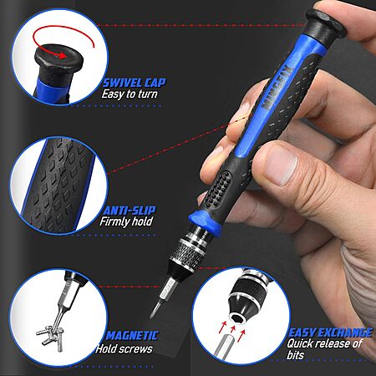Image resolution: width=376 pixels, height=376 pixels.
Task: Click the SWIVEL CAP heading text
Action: (135, 83)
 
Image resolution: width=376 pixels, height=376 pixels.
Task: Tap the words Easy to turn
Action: (130, 94)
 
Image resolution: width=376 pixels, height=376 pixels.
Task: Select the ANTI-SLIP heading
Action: (130, 211)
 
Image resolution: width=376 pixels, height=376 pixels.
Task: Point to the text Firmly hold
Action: (126, 221)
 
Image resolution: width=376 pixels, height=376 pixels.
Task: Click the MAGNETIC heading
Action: (132, 336)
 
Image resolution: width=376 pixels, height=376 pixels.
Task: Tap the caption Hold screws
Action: (124, 348)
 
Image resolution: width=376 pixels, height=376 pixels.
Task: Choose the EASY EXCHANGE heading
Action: (330, 333)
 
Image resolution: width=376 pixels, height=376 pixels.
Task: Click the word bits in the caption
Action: (296, 355)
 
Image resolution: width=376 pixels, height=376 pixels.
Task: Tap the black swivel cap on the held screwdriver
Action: (324, 23)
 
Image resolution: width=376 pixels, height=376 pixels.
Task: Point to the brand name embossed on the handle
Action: (277, 87)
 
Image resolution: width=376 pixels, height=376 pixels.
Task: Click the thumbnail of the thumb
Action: (280, 165)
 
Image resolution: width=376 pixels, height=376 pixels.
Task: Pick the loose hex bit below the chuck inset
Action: (223, 345)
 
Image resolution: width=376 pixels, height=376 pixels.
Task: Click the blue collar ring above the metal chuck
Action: (205, 221)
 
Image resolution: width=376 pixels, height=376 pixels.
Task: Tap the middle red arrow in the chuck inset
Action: (233, 328)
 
